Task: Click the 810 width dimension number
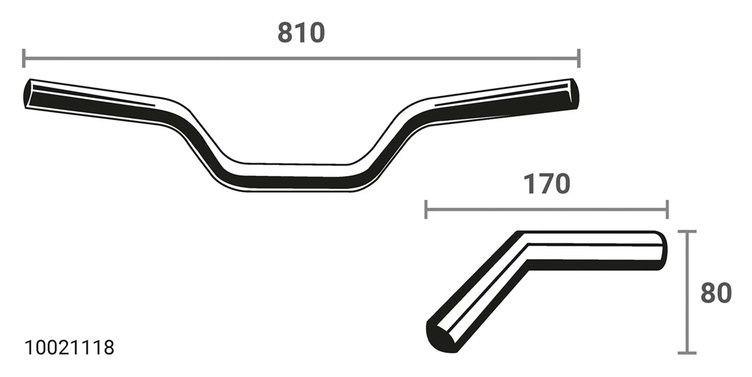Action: (x=301, y=33)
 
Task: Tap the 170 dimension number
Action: (x=546, y=184)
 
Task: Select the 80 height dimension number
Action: (x=716, y=293)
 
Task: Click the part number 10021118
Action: (x=69, y=348)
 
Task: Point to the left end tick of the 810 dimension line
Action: (x=24, y=58)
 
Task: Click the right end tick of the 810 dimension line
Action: (x=579, y=58)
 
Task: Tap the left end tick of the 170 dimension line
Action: (x=426, y=209)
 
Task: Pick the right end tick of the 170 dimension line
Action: (x=667, y=209)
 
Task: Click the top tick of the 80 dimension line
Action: (x=686, y=231)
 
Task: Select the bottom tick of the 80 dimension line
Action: (x=686, y=353)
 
